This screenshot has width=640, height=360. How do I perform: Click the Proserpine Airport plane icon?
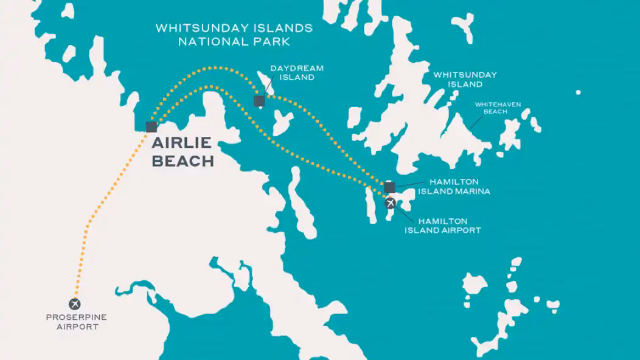tap(75, 303)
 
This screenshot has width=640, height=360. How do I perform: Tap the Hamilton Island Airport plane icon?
tap(391, 203)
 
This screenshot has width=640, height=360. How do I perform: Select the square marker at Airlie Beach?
tap(151, 126)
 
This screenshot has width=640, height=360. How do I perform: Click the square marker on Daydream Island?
tap(259, 100)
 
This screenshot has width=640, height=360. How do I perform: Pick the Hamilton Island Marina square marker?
tap(390, 187)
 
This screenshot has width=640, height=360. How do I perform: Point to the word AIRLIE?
tap(181, 144)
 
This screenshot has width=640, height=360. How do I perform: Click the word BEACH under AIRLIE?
tap(183, 162)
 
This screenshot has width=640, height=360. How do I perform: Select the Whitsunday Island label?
tap(465, 80)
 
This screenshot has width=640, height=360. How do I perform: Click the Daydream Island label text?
tap(297, 73)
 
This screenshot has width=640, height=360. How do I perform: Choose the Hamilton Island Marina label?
tap(454, 186)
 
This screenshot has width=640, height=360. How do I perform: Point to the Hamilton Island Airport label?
tap(442, 226)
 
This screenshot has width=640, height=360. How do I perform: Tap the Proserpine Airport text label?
tap(72, 322)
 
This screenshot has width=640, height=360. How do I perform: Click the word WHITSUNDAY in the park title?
tap(195, 29)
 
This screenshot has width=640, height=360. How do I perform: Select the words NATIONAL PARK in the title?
tap(234, 42)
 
